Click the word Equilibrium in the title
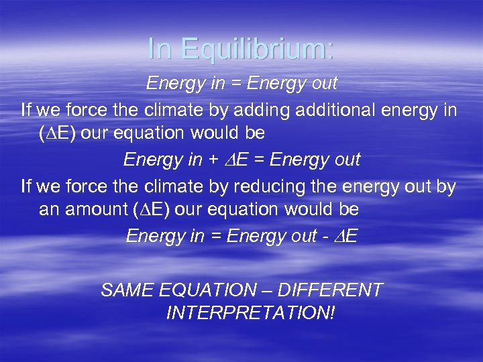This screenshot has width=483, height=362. [x=258, y=48]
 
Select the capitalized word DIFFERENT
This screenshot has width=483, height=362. [x=329, y=290]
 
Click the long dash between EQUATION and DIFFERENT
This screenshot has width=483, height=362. [x=266, y=290]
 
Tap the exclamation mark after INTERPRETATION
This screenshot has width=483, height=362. [x=331, y=313]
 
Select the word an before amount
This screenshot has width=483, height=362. [x=48, y=210]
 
